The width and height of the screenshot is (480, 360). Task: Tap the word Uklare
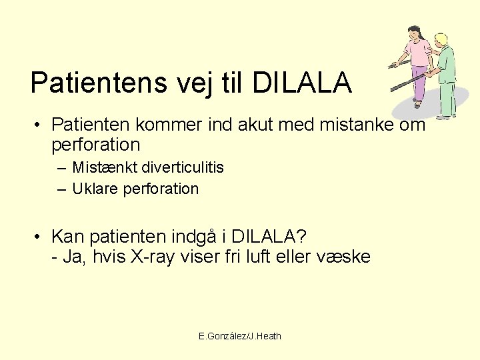[93, 189]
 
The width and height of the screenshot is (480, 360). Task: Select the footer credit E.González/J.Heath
[240, 336]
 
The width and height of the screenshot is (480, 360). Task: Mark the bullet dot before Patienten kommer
[40, 125]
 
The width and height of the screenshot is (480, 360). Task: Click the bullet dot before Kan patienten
[40, 237]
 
